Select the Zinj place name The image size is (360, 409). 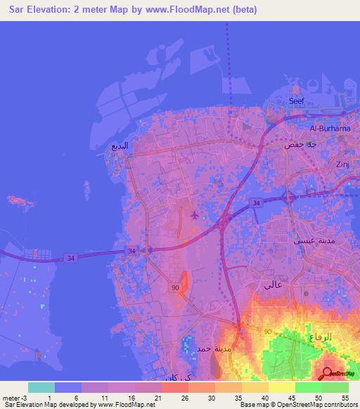pyautogui.click(x=343, y=164)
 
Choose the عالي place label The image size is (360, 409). pyautogui.click(x=272, y=285)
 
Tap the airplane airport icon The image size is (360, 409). pyautogui.click(x=195, y=215)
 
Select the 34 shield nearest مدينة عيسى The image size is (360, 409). pyautogui.click(x=257, y=203)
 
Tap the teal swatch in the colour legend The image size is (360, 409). pyautogui.click(x=41, y=387)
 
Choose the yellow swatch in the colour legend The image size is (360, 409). pyautogui.click(x=282, y=387)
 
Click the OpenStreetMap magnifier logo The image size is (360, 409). pyautogui.click(x=328, y=373)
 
